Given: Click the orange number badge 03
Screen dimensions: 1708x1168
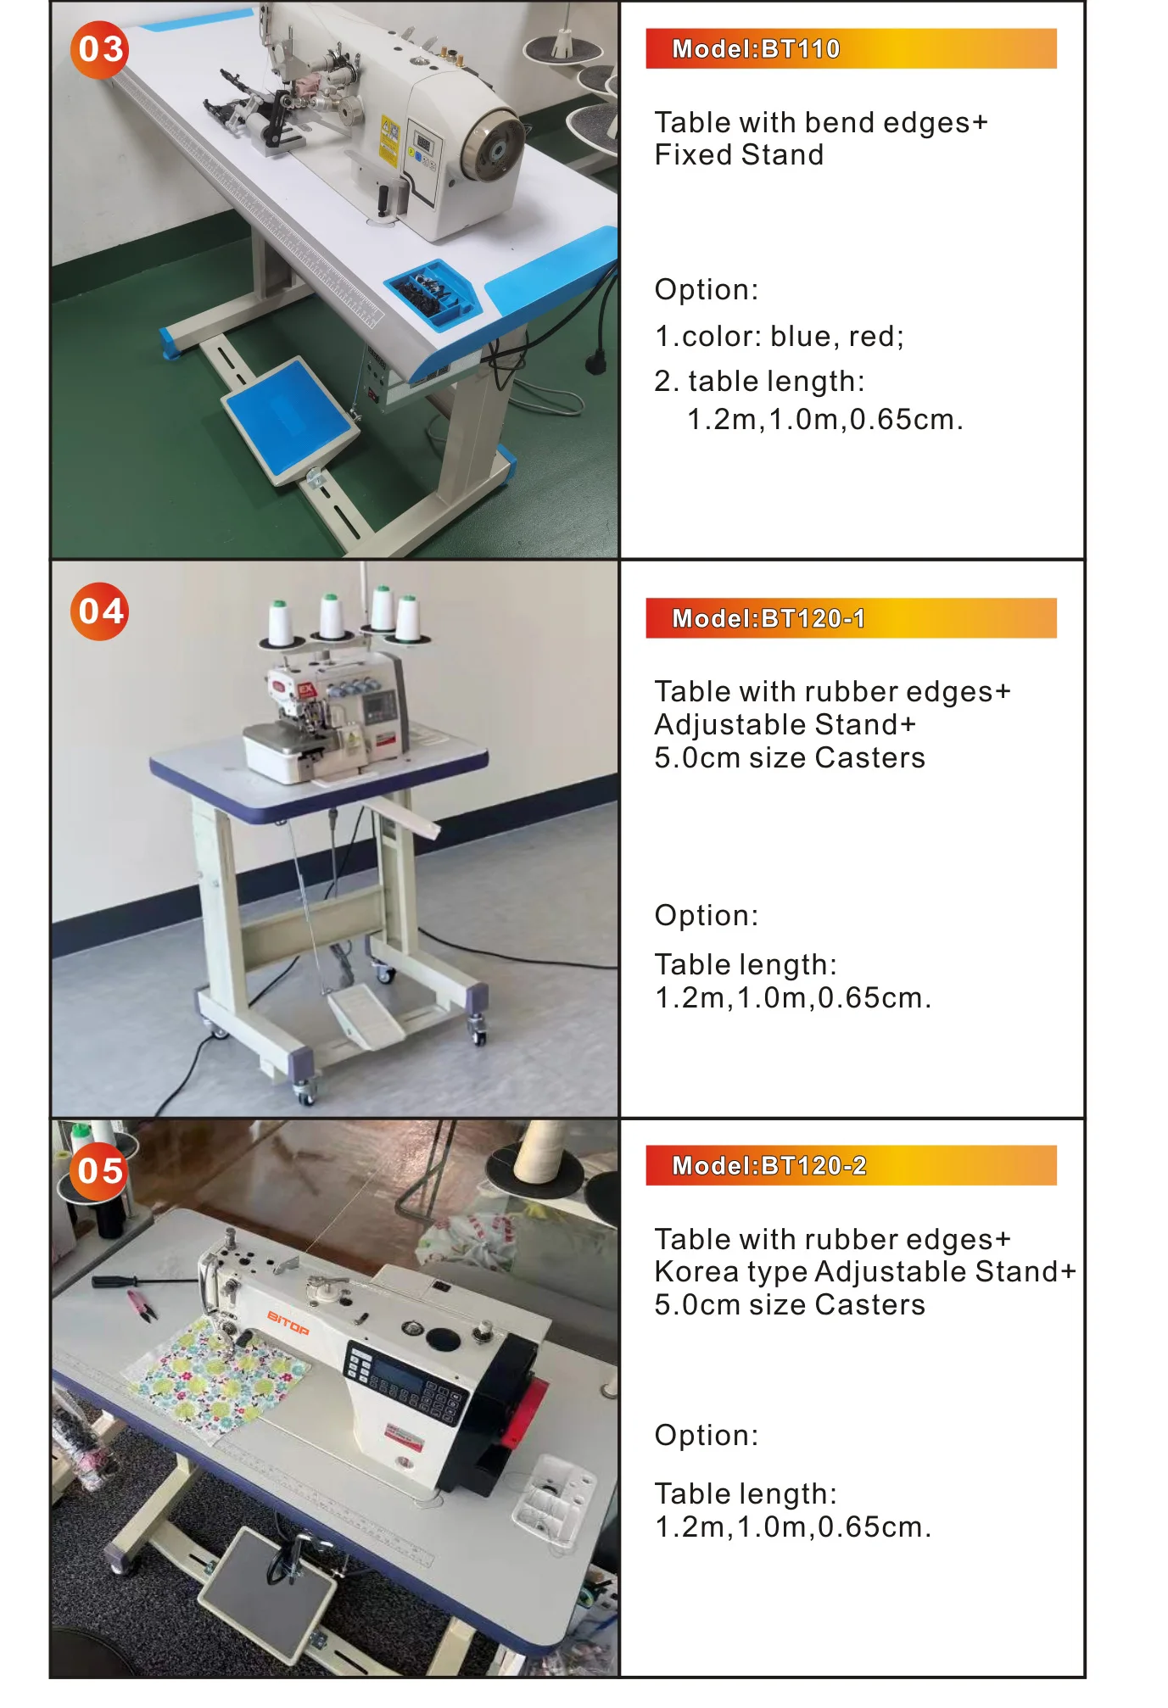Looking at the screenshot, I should [99, 49].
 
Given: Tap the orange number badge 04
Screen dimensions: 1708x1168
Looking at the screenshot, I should [99, 611].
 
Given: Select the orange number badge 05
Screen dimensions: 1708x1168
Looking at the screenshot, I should [99, 1170].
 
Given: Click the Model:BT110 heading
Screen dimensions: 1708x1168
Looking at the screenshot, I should [755, 49].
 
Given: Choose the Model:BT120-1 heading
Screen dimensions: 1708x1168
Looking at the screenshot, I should [768, 618].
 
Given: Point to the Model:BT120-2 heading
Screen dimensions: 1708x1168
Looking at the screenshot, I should [768, 1165].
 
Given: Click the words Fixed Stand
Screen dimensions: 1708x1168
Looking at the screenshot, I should [739, 155].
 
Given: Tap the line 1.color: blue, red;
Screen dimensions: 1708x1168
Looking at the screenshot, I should [779, 337].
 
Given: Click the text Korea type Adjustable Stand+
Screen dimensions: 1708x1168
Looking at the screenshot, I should [864, 1271].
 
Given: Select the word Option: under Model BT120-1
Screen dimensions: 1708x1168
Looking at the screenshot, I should [706, 915].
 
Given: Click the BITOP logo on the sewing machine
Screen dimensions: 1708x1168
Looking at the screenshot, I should [288, 1322].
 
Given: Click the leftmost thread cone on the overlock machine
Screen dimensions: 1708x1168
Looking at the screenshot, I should [280, 623].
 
